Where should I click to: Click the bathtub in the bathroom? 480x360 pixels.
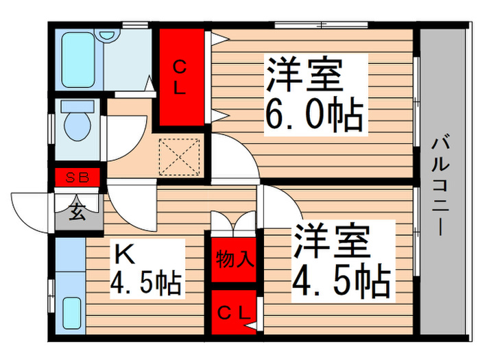(x=77, y=60)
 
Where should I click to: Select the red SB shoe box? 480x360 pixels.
(x=77, y=177)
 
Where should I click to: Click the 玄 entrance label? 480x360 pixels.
(x=77, y=211)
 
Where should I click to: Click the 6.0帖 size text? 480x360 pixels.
(x=314, y=114)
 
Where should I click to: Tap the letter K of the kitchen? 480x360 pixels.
(x=124, y=254)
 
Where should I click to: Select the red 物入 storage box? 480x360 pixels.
(x=234, y=260)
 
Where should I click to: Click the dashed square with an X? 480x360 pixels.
(x=180, y=157)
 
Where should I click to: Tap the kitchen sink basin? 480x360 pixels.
(x=72, y=313)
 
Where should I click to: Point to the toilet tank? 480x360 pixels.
(x=77, y=106)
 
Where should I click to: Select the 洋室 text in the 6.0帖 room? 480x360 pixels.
(x=304, y=74)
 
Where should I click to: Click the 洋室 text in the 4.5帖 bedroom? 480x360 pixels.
(x=332, y=241)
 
